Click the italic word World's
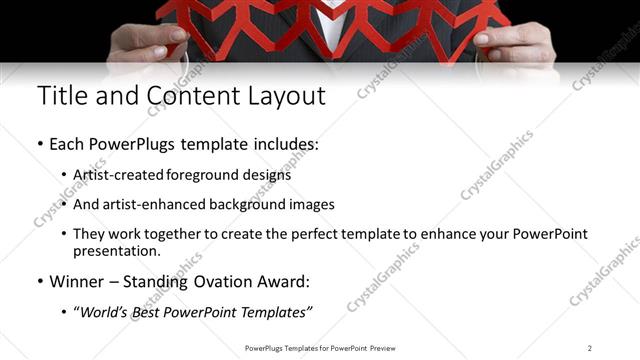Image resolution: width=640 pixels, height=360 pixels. [108, 313]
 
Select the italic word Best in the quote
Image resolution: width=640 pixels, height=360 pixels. [155, 313]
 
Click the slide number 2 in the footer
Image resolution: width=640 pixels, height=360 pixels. [590, 348]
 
